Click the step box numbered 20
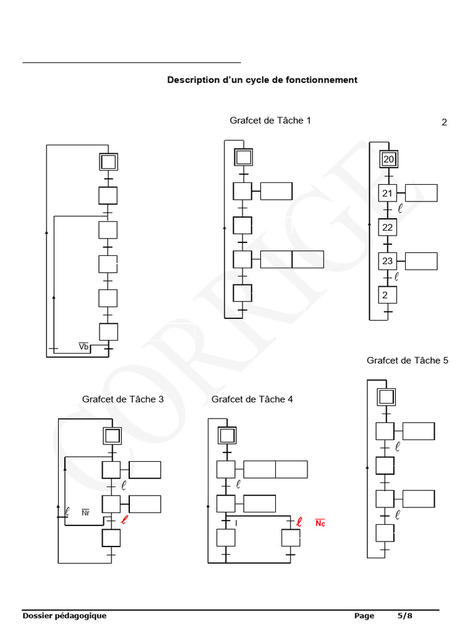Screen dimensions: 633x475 (x=388, y=159)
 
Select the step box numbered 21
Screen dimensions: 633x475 (x=388, y=193)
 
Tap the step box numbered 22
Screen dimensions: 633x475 (x=388, y=227)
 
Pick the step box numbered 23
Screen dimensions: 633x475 (x=388, y=261)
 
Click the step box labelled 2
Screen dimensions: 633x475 (x=388, y=295)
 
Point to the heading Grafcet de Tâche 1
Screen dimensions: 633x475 (x=270, y=121)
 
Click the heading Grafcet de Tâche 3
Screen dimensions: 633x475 (x=123, y=399)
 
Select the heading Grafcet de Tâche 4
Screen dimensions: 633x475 (x=252, y=399)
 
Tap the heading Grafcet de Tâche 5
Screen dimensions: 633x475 (x=408, y=360)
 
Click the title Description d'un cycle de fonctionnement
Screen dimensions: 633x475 (x=262, y=80)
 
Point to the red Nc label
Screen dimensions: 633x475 (x=320, y=524)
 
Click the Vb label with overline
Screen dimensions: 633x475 (x=84, y=347)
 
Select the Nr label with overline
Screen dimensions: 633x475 (x=86, y=513)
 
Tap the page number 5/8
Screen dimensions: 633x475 (x=404, y=616)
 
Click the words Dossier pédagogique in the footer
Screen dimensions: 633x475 (x=64, y=616)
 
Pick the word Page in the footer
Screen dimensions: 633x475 (x=364, y=616)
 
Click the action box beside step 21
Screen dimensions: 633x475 (x=421, y=193)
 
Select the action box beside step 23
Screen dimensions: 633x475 (x=421, y=261)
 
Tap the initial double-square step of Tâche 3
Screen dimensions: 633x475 (x=112, y=436)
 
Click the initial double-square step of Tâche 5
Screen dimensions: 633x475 (x=386, y=397)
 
